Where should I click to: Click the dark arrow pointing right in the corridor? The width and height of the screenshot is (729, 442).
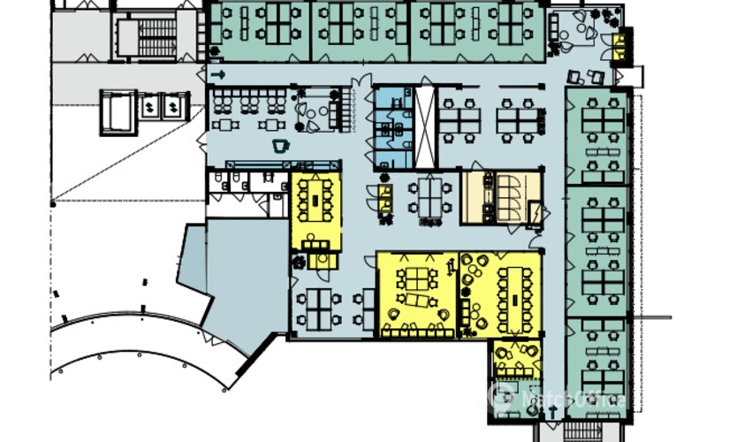pos(218,74)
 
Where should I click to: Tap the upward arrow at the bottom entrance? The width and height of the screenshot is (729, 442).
pos(554,412)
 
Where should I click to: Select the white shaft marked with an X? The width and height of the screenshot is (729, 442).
pos(424,127)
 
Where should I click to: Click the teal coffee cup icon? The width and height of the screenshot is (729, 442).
pos(280,146)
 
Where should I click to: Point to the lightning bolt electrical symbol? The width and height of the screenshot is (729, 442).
pos(535,214)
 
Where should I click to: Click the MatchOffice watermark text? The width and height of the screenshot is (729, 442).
pos(573,400)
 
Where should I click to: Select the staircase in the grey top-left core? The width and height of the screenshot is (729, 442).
pos(157,38)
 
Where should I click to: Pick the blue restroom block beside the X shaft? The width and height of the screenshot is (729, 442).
pos(393,127)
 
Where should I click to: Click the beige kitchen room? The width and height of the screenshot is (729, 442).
pos(501,198)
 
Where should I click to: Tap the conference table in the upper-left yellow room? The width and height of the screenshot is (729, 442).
pos(315,201)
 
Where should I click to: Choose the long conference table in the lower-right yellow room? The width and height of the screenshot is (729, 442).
pos(514,299)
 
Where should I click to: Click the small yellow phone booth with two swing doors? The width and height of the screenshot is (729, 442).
pos(384,199)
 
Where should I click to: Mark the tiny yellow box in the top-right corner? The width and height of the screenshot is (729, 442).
pos(619,47)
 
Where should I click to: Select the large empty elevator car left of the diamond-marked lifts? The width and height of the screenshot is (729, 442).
pos(118,111)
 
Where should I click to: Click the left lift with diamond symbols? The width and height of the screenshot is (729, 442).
pos(149,107)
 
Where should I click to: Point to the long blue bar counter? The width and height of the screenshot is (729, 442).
pos(283,165)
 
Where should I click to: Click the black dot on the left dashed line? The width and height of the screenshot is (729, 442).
pos(53,204)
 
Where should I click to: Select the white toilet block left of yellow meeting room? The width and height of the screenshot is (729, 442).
pos(247,194)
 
